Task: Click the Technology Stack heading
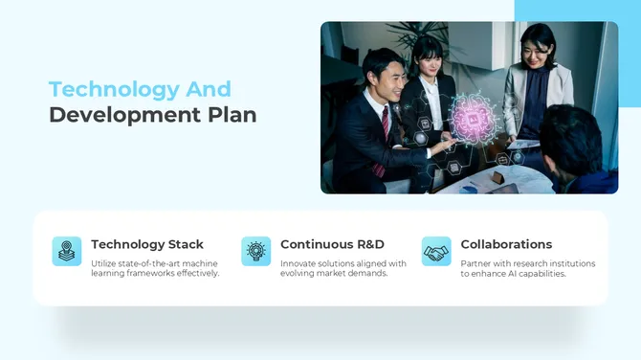coord(147,244)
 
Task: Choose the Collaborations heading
coord(506,244)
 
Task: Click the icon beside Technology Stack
coord(67,251)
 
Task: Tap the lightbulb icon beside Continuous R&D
coord(255,251)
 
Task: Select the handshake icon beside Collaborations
coord(436,251)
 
